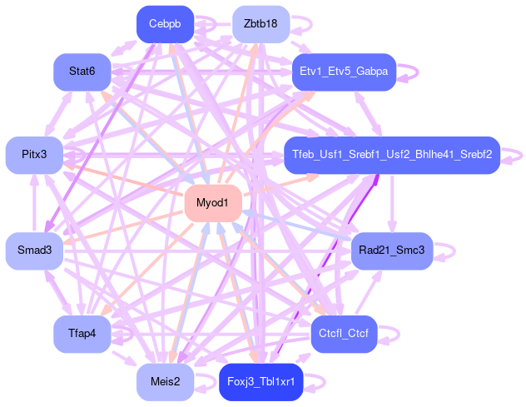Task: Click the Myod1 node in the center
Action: click(212, 203)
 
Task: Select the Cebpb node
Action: click(165, 23)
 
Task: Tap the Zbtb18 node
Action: click(261, 23)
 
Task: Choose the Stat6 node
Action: click(82, 72)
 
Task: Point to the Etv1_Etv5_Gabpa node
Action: click(343, 72)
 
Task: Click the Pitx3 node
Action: click(34, 155)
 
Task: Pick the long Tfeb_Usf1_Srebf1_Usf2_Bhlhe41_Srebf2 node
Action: click(391, 155)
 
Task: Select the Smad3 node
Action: click(34, 251)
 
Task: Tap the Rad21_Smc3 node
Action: click(390, 251)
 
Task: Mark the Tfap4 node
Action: click(82, 334)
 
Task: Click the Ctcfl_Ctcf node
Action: click(343, 334)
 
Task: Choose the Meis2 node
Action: click(165, 382)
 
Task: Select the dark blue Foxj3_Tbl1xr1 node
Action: click(261, 382)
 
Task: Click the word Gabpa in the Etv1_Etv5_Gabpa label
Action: click(370, 72)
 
